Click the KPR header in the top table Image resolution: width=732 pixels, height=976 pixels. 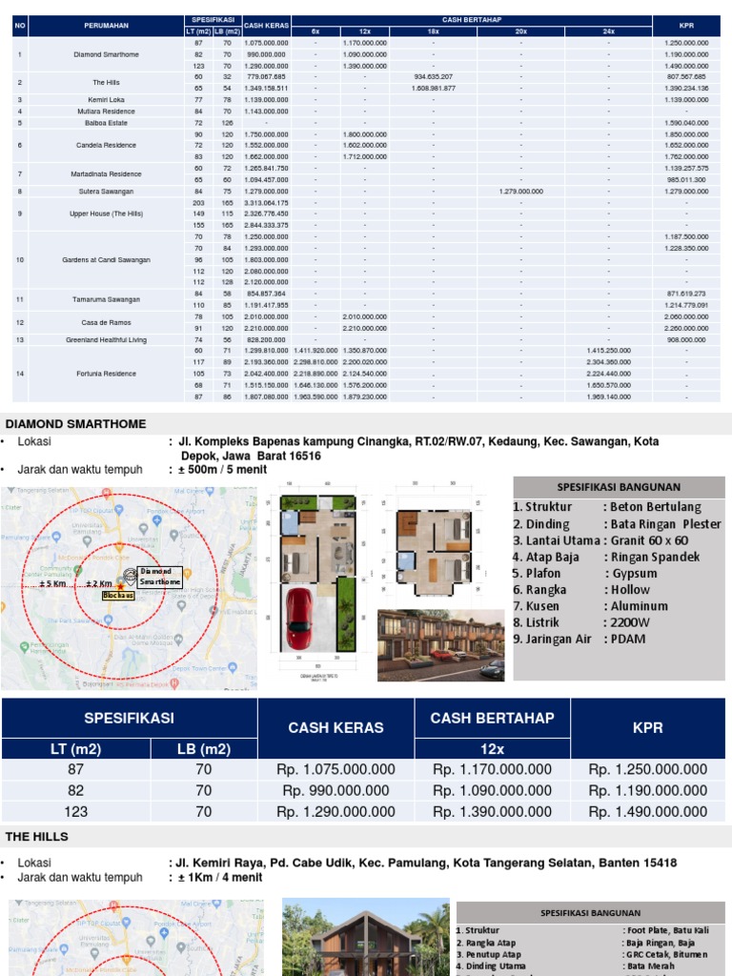(686, 25)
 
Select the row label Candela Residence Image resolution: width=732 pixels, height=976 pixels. (106, 145)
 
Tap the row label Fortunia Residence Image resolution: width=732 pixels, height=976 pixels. (106, 374)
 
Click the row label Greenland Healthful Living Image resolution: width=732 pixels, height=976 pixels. (106, 339)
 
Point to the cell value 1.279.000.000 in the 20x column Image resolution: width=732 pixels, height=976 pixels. (520, 191)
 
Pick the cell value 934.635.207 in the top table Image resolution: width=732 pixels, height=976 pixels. (433, 76)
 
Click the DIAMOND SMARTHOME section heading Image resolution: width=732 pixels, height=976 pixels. (76, 423)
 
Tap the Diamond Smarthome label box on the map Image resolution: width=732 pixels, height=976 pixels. (159, 576)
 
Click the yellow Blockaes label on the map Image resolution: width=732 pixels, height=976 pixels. (119, 595)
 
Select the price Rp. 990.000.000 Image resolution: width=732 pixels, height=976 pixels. (335, 790)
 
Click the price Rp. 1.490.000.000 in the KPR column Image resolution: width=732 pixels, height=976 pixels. (647, 812)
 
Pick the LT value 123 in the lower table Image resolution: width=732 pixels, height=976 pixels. (75, 812)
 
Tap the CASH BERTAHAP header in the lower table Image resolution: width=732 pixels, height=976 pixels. (492, 718)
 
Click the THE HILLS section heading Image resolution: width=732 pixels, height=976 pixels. (37, 836)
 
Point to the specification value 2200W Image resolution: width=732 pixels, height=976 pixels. (628, 621)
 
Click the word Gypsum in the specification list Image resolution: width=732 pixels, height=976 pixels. (634, 573)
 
